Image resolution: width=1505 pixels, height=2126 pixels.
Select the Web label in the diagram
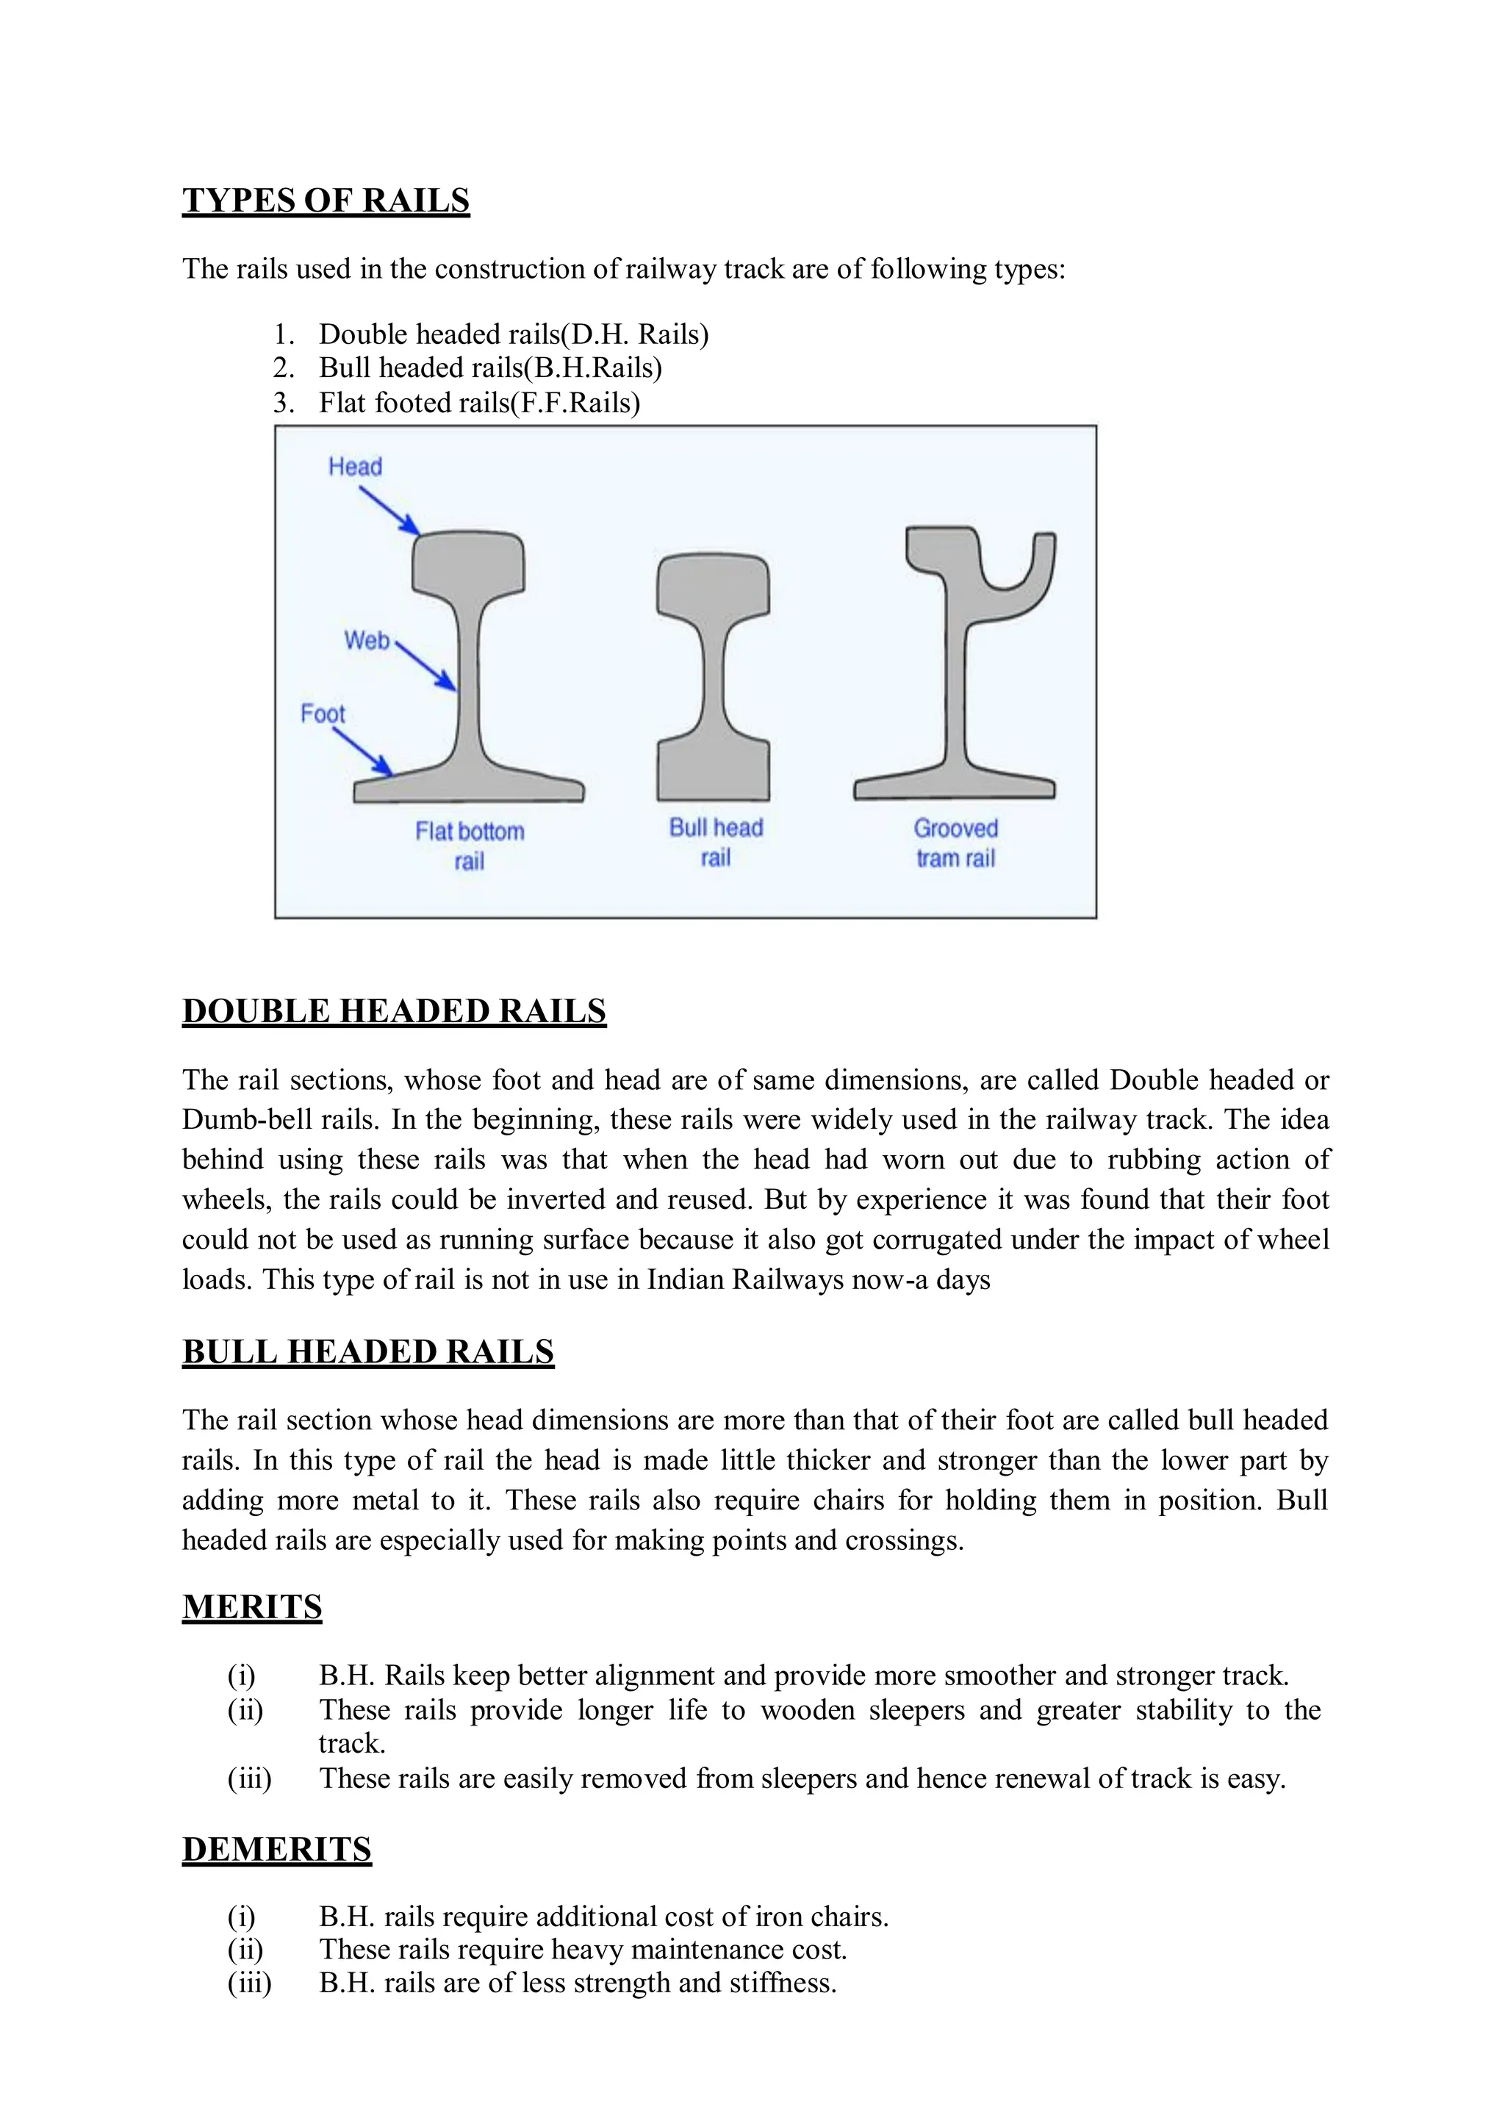(x=367, y=640)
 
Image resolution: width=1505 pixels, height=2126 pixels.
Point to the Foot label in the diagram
(x=323, y=714)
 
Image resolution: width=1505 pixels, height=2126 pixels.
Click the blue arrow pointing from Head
(x=389, y=511)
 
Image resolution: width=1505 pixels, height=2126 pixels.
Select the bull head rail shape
(x=713, y=677)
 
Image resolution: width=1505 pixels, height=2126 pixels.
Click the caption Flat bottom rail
(x=470, y=845)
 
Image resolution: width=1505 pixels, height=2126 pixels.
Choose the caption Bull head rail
(x=716, y=841)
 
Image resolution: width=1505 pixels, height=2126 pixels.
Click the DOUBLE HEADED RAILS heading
(x=394, y=1011)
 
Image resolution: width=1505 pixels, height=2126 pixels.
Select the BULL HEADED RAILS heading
(x=368, y=1352)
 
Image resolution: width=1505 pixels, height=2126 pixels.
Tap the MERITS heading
(x=252, y=1607)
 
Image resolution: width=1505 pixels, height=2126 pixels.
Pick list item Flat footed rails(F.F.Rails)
(x=479, y=403)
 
